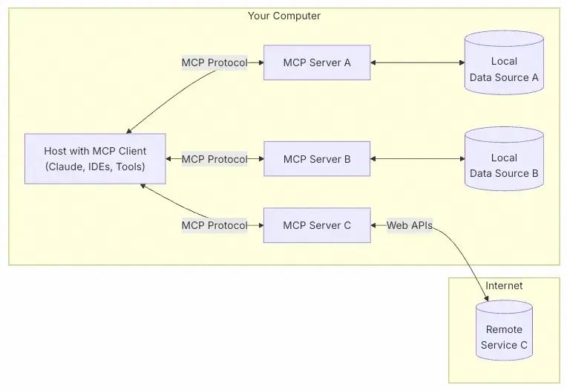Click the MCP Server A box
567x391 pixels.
[x=317, y=62]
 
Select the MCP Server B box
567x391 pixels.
[x=317, y=158]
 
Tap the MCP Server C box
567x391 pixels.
[x=317, y=225]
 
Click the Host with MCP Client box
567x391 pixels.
[x=95, y=159]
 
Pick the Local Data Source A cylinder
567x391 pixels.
[x=504, y=69]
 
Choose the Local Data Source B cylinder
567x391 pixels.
[x=504, y=166]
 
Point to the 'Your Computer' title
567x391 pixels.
[x=283, y=16]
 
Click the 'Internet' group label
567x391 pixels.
[x=504, y=285]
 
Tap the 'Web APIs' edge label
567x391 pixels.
[x=409, y=225]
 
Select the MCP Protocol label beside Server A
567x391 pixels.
[x=214, y=63]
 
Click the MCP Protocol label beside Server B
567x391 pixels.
[x=214, y=159]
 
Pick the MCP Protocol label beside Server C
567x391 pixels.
[x=214, y=225]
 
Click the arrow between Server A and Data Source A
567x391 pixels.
[x=417, y=62]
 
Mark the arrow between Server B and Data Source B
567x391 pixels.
[x=417, y=158]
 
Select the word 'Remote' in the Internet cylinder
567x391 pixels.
[x=504, y=329]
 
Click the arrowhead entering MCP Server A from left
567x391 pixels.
[x=260, y=63]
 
